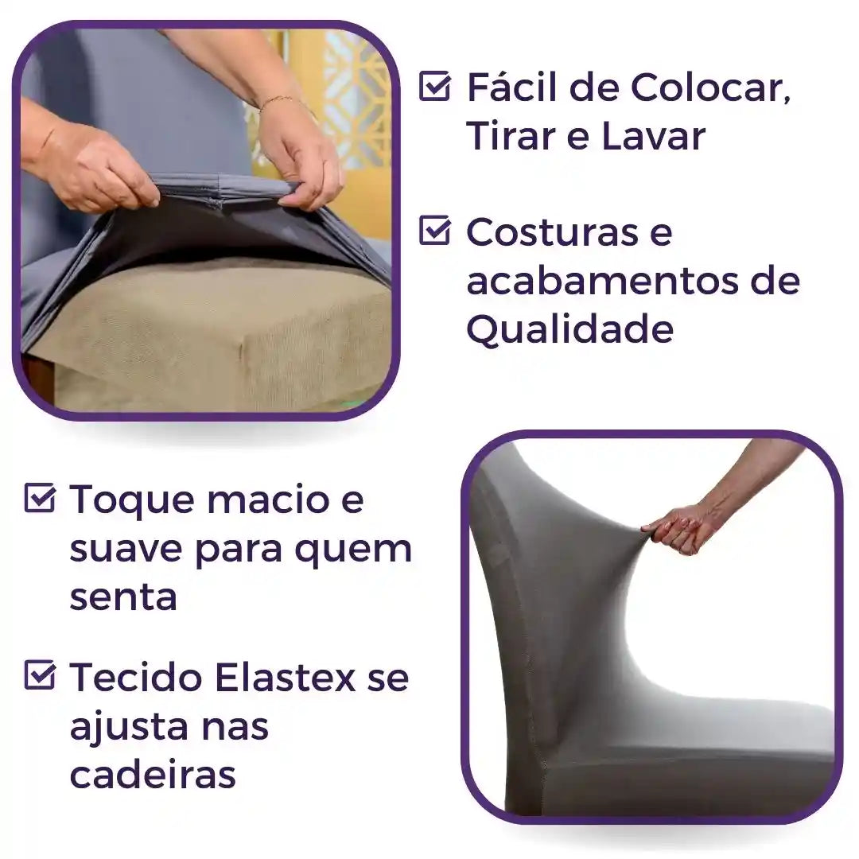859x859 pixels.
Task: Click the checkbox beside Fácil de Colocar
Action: (434, 86)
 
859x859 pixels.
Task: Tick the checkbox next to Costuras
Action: (434, 231)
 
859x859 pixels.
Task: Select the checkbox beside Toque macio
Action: (40, 499)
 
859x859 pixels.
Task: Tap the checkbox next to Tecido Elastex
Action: (40, 676)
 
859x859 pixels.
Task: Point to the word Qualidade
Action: (569, 329)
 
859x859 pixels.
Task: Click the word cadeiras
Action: (153, 775)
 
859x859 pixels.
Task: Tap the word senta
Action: (122, 597)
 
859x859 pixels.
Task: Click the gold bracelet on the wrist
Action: (278, 100)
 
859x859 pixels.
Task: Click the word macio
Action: (255, 499)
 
